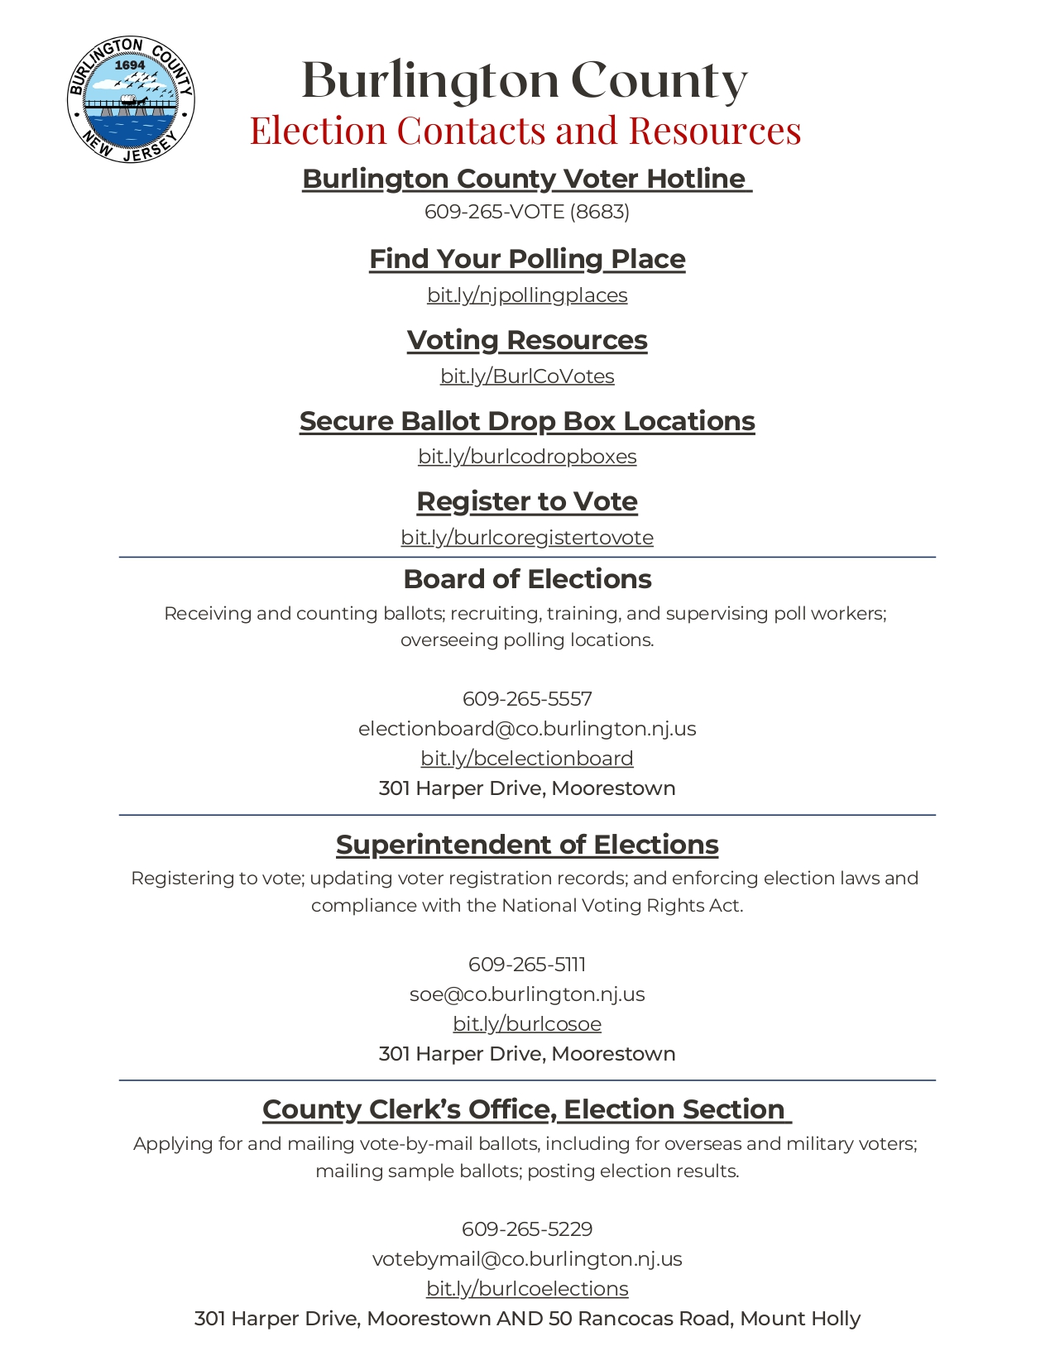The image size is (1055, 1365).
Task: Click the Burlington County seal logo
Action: tap(131, 100)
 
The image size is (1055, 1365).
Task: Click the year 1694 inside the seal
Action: tap(130, 65)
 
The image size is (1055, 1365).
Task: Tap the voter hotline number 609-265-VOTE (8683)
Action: tap(527, 212)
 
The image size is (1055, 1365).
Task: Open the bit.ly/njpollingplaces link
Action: tap(527, 295)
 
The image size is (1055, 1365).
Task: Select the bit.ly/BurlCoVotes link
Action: tap(527, 376)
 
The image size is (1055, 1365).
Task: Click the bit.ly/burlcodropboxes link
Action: tap(527, 457)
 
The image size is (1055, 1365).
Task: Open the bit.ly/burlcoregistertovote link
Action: tap(527, 538)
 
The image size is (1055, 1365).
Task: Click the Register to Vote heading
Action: tap(527, 501)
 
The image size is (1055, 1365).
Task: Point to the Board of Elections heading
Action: tap(527, 579)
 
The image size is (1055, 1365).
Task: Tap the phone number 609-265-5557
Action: tap(527, 699)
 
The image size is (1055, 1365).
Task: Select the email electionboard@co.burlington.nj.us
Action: tap(527, 729)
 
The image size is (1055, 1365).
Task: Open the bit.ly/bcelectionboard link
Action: tap(527, 759)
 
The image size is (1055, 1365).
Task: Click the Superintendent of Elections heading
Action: tap(527, 845)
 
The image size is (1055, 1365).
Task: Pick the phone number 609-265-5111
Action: tap(527, 965)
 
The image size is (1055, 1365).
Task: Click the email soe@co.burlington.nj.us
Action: tap(527, 994)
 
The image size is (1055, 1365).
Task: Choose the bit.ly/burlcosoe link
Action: tap(527, 1024)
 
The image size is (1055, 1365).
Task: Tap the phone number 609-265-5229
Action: tap(527, 1229)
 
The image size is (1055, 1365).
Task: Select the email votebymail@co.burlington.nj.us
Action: tap(527, 1259)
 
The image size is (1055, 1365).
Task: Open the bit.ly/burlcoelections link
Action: tap(527, 1289)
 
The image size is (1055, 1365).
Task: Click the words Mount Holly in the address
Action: tap(800, 1319)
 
